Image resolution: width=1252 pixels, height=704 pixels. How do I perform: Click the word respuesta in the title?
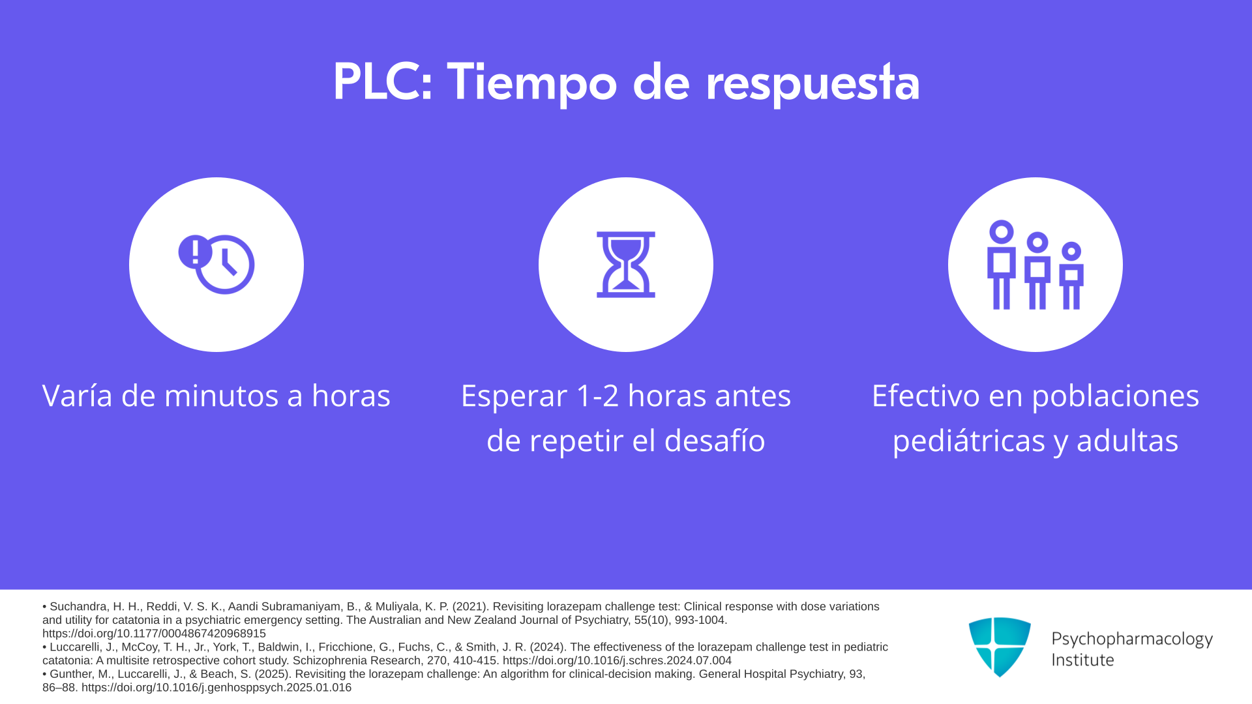pos(812,85)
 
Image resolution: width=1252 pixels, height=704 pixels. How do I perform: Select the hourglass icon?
pos(626,264)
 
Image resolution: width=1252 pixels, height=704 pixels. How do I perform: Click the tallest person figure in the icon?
pos(1002,264)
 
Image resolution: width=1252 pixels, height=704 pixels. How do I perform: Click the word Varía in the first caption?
pos(78,396)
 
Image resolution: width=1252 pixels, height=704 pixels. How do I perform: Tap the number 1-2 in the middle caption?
pos(598,396)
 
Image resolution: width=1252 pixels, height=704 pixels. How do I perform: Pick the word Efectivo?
pos(926,396)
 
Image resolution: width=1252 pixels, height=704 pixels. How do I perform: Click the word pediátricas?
pos(969,441)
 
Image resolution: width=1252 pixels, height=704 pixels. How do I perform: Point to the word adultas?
pos(1127,441)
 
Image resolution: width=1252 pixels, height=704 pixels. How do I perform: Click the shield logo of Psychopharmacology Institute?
pos(1000,647)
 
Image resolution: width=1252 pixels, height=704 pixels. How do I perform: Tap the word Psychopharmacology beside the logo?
pos(1132,639)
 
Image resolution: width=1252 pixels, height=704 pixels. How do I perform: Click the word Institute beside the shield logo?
pos(1082,660)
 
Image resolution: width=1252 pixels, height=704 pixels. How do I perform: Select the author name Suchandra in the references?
pos(78,607)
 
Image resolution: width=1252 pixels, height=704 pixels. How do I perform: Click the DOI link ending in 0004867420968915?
pos(154,634)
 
